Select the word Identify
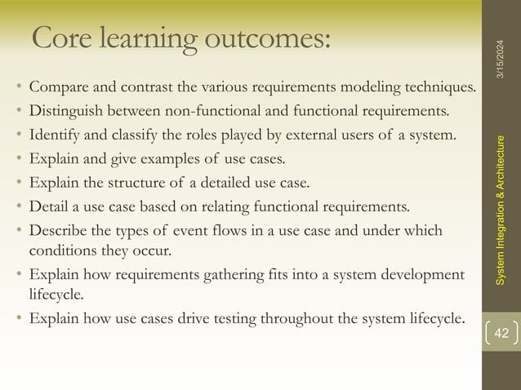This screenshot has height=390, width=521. [x=52, y=134]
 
